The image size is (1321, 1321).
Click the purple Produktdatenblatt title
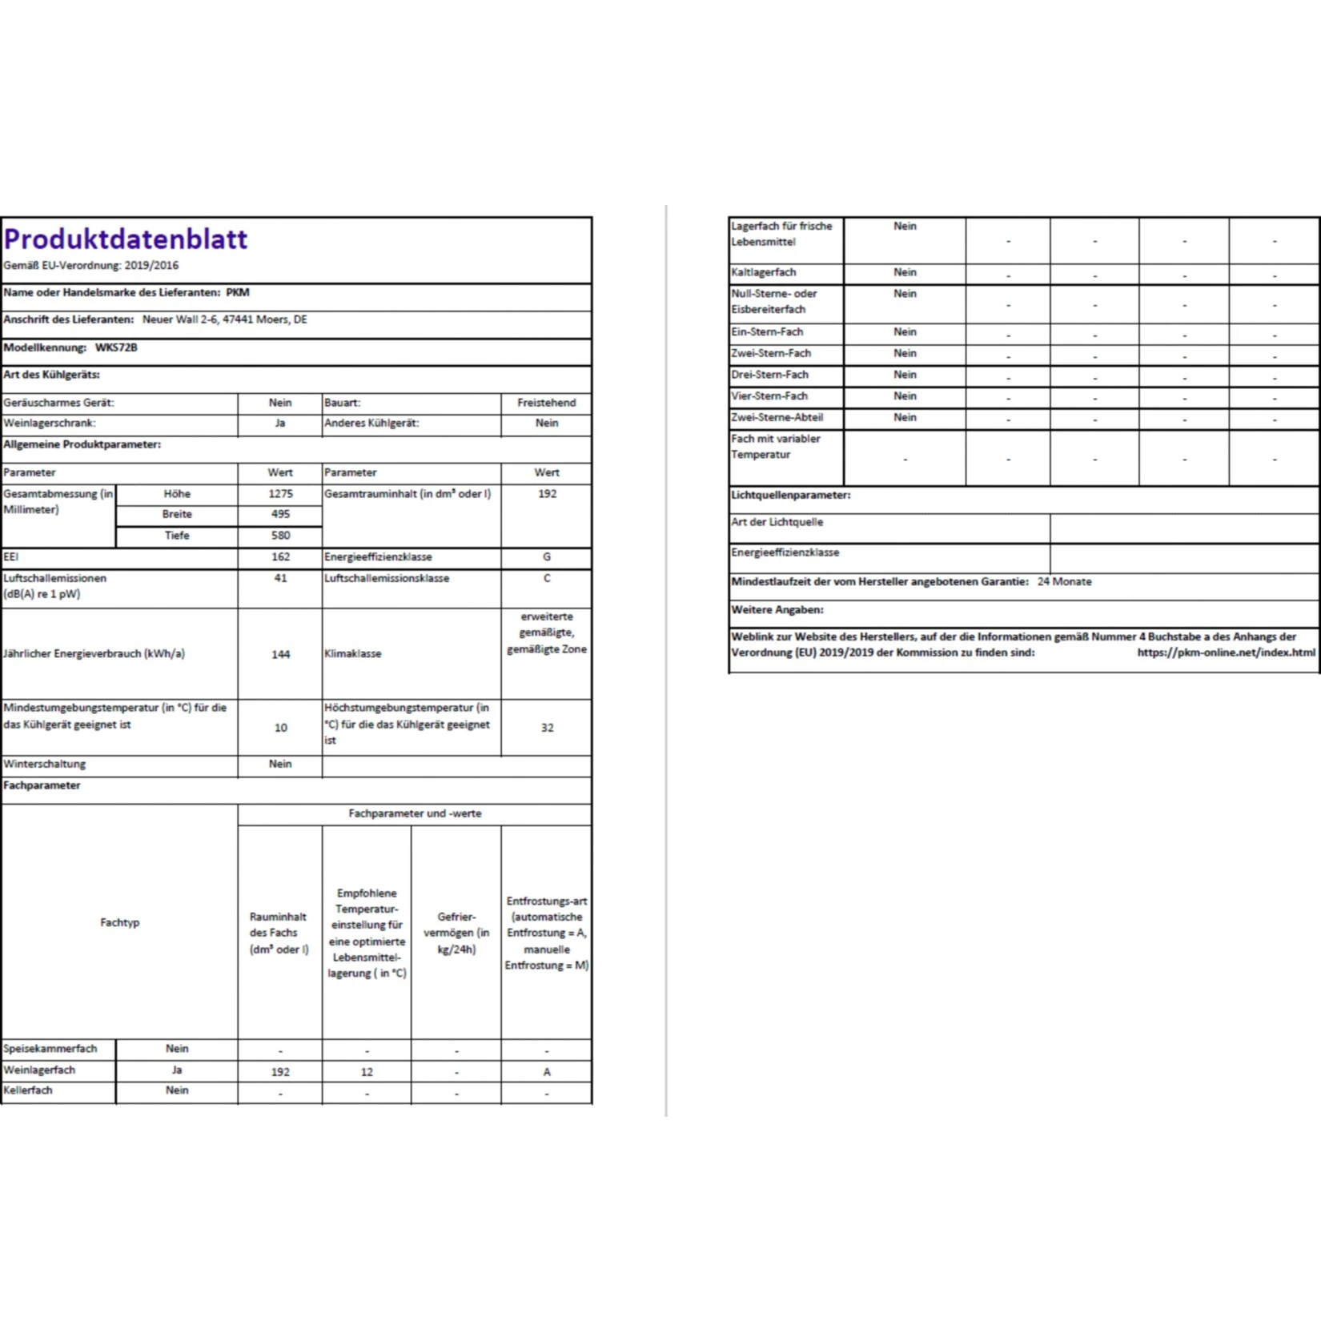coord(126,239)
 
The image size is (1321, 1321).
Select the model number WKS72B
coord(116,347)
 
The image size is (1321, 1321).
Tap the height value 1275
coord(280,494)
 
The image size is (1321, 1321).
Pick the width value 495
coord(280,514)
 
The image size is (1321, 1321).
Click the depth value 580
coord(280,536)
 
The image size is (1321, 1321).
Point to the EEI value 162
coord(280,556)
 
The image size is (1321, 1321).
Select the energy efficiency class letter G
coord(547,556)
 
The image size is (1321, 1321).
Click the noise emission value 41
coord(280,578)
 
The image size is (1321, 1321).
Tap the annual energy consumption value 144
coord(280,654)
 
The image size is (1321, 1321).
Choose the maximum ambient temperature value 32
coord(547,728)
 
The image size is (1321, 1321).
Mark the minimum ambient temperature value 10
coord(280,728)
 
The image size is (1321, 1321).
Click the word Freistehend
coord(546,403)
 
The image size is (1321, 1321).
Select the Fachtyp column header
coord(120,922)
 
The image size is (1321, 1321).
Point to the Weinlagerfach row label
coord(39,1070)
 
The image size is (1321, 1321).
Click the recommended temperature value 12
coord(367,1072)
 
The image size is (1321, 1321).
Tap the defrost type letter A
coord(547,1072)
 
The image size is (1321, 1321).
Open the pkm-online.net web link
coord(1226,652)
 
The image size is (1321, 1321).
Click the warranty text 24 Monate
coord(1064,582)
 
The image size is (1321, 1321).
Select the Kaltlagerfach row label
coord(763,272)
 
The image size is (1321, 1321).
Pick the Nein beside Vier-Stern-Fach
coord(905,395)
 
